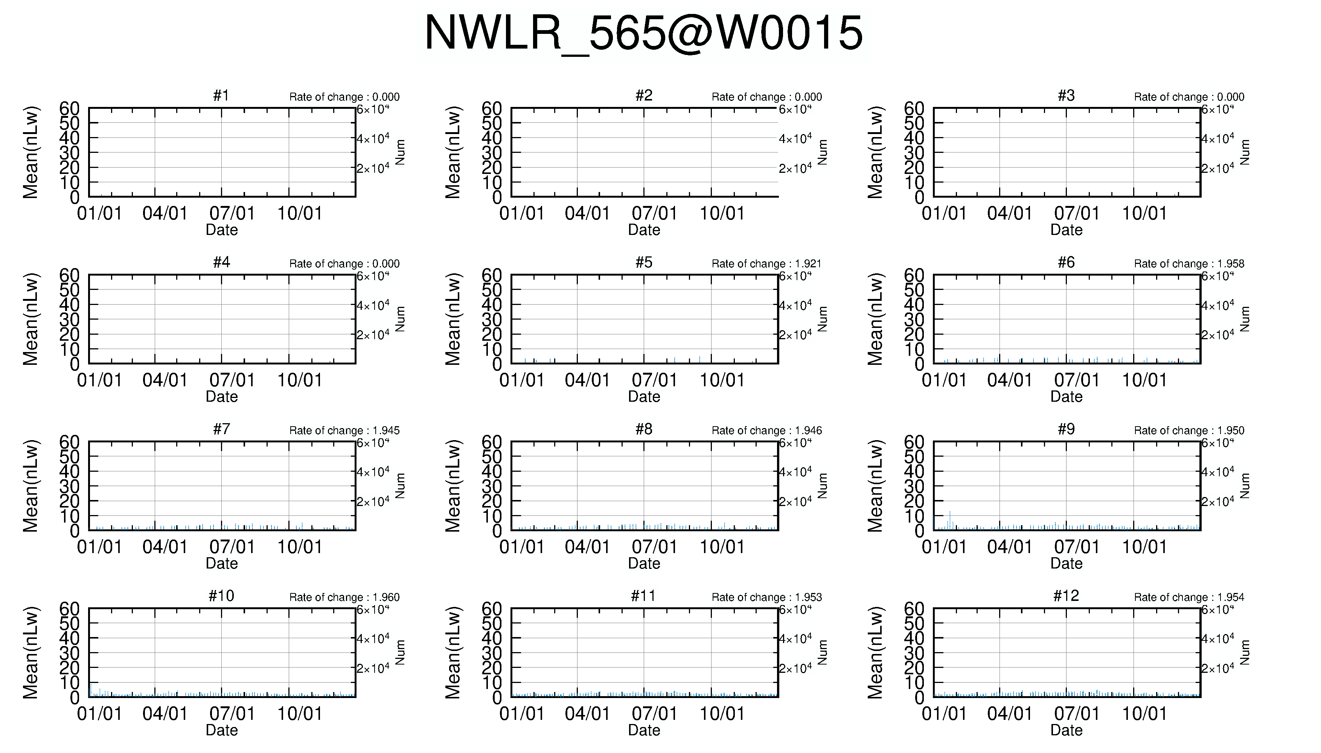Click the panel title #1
click(221, 96)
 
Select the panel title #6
click(1066, 263)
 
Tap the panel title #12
click(1066, 596)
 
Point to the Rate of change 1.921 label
click(767, 264)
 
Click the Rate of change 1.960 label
click(344, 598)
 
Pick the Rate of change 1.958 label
click(1189, 264)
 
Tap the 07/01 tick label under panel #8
click(654, 547)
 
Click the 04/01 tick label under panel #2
click(587, 213)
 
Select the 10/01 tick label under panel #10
click(300, 714)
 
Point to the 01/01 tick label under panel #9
click(944, 547)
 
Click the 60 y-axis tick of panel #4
click(69, 275)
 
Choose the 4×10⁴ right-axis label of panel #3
click(1217, 139)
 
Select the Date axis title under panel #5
click(644, 397)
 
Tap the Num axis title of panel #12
click(1245, 653)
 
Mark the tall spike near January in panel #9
click(949, 520)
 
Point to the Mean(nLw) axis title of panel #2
click(453, 152)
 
